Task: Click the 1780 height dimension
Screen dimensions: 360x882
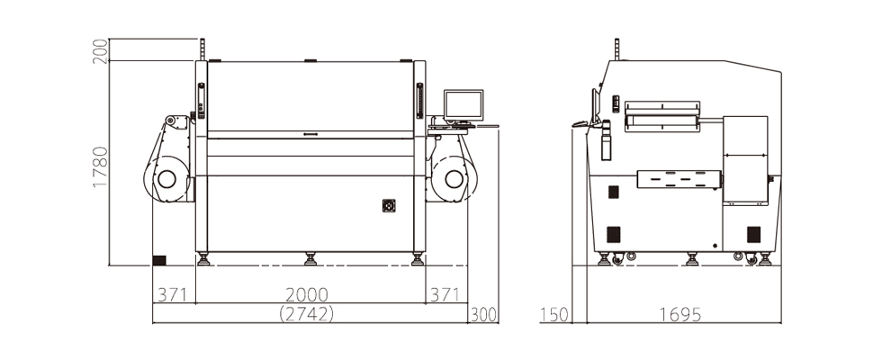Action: point(100,166)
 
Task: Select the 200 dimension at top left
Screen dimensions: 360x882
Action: point(100,50)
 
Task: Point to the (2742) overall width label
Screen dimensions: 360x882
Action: point(307,314)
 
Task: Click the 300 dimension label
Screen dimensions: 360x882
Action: point(484,314)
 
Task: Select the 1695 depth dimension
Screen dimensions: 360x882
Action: point(679,314)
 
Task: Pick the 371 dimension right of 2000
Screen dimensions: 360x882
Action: point(444,294)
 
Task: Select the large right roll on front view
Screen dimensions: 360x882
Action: point(453,177)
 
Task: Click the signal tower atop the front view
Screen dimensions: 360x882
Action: point(203,49)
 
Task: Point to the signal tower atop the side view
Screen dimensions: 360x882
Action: point(616,49)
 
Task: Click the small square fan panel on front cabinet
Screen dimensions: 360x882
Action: point(389,206)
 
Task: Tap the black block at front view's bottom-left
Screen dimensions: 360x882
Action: point(159,260)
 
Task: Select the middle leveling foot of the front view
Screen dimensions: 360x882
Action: point(311,259)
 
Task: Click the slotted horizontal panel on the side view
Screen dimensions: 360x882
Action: point(679,179)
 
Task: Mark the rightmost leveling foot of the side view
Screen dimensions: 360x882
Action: point(765,259)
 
